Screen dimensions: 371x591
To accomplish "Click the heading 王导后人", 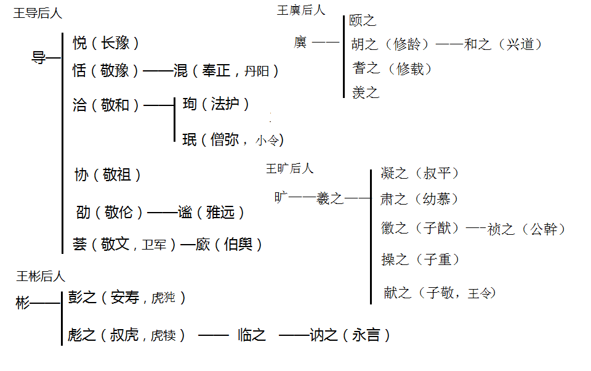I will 38,14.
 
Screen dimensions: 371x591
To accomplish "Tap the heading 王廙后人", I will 301,10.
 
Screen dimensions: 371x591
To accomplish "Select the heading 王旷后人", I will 290,168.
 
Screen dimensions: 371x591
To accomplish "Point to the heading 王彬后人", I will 41,276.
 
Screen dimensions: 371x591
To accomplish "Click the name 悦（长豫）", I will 106,43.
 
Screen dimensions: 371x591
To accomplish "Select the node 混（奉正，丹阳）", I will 227,71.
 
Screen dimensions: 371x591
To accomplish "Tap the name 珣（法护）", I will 216,104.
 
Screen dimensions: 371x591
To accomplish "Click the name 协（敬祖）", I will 108,176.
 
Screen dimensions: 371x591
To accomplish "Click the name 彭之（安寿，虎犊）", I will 127,298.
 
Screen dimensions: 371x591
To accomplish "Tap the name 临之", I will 252,335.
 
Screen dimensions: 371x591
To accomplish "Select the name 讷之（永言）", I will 350,335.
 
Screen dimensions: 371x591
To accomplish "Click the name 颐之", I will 363,21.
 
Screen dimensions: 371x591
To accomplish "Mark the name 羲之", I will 330,198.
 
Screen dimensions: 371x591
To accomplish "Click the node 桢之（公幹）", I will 526,229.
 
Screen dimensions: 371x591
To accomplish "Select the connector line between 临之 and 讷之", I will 294,336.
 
